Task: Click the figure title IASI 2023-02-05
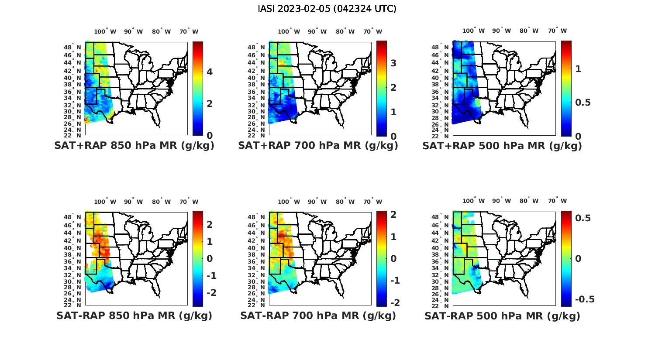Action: [x=327, y=9]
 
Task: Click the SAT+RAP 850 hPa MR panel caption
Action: [x=134, y=146]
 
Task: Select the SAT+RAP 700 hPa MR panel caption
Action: [x=318, y=146]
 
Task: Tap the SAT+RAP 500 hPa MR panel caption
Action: [x=502, y=146]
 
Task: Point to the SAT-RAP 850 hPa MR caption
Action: [x=134, y=315]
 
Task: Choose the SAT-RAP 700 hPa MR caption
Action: [x=318, y=315]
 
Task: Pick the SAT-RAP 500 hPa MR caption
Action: [x=502, y=316]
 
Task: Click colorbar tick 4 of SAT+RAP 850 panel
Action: [x=210, y=72]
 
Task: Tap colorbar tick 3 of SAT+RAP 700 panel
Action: [x=393, y=63]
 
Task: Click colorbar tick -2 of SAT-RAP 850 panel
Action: [x=211, y=292]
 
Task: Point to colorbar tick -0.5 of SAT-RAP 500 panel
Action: [x=585, y=299]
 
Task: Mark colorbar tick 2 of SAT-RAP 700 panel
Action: [x=393, y=215]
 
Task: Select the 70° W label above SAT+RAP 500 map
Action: [x=557, y=31]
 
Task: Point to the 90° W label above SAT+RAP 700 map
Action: [x=317, y=31]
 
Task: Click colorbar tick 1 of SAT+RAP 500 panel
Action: [x=578, y=69]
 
